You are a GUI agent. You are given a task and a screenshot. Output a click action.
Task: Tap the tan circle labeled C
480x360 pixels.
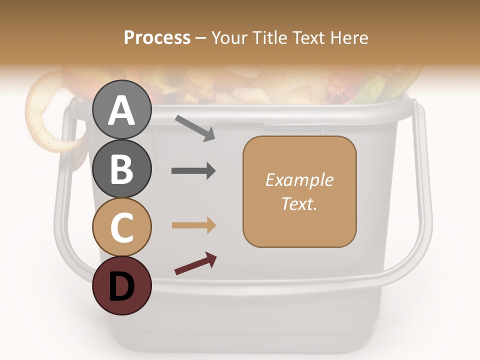pos(121,227)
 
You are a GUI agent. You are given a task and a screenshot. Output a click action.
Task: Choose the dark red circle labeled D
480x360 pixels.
pos(121,285)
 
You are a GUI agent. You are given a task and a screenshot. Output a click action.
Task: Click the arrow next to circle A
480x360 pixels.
pos(195,127)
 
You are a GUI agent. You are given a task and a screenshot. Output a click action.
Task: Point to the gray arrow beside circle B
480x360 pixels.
pos(193,171)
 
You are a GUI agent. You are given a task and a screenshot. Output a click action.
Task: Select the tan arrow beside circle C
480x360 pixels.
pos(193,225)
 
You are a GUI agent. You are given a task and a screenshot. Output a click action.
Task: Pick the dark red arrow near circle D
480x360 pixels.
pos(195,264)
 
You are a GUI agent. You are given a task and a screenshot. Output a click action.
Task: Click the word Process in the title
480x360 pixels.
pos(157,37)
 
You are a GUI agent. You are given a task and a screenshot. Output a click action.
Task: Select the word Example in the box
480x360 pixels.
pos(299,180)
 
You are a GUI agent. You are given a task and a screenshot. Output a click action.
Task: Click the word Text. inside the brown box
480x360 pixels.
pos(299,203)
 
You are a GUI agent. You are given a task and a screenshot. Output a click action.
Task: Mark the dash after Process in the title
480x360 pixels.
pos(201,38)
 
